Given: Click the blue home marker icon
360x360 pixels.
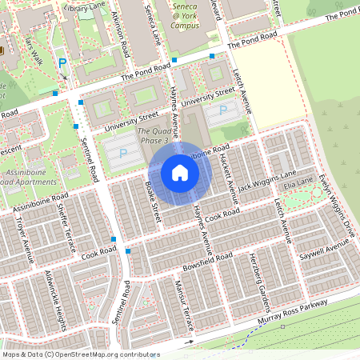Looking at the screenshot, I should [x=180, y=172].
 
